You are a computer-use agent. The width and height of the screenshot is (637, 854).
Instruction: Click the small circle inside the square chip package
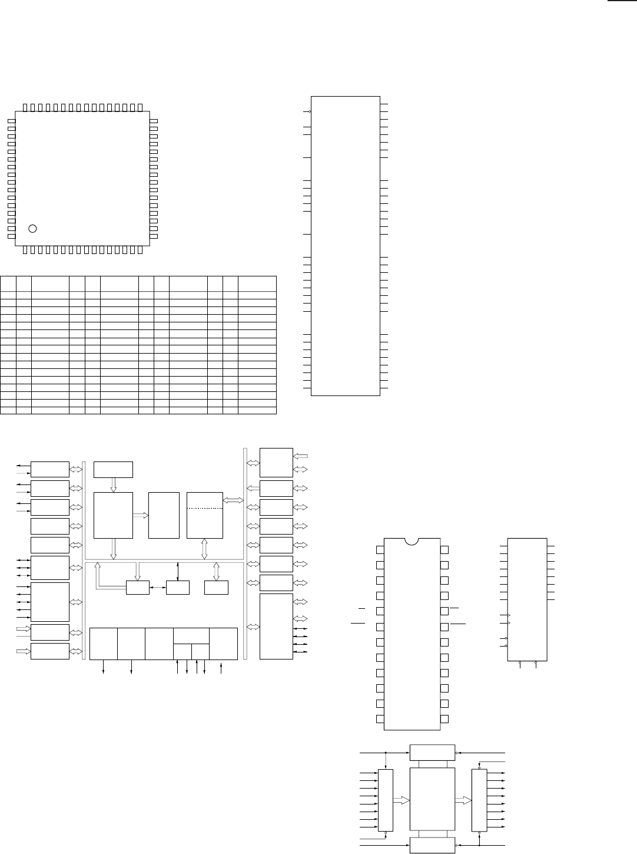point(33,228)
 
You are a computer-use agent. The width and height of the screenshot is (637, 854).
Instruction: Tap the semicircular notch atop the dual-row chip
point(412,540)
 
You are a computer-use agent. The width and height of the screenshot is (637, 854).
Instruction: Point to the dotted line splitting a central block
point(205,508)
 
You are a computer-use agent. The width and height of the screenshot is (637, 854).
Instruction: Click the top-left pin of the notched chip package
point(380,550)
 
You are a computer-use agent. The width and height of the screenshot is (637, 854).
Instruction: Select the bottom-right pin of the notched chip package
point(444,719)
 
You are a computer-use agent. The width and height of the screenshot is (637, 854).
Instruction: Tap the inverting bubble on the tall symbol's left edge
point(310,111)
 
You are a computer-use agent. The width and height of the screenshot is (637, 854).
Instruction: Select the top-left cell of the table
point(8,283)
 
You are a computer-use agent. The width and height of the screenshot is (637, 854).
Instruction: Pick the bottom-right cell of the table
point(257,410)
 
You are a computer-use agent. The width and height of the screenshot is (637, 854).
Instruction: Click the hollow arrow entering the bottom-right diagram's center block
point(401,800)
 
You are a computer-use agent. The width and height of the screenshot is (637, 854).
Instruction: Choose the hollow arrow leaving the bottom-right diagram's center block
point(463,800)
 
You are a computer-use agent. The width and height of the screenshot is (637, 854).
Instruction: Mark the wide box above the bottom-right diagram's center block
point(432,753)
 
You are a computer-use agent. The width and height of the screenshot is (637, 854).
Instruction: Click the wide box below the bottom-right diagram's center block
point(432,846)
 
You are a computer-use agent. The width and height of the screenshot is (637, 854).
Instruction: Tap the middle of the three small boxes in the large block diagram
point(178,588)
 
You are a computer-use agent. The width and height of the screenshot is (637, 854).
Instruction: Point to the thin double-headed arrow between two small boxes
point(158,588)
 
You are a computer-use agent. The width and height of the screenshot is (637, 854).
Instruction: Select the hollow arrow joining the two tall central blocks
point(141,515)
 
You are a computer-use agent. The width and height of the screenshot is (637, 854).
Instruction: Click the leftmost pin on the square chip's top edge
point(25,107)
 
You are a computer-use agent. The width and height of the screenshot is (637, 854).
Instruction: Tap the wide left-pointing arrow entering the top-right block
point(300,456)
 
